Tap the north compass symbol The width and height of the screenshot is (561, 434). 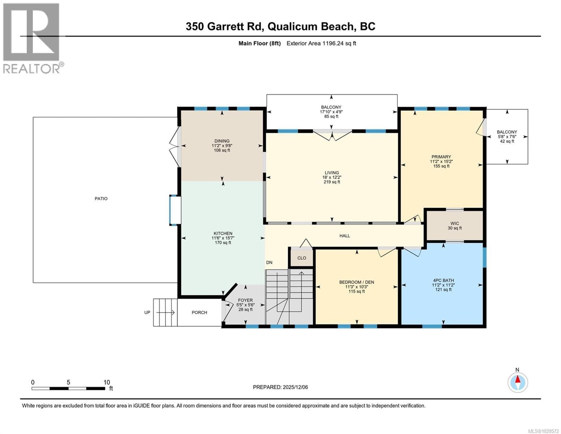pos(518,382)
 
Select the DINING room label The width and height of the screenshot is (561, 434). pos(222,141)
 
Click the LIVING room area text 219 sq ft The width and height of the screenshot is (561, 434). pos(332,182)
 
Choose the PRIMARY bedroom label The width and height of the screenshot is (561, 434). pos(441,157)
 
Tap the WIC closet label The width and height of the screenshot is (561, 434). pos(454,224)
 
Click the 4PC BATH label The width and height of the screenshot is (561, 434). pos(443,280)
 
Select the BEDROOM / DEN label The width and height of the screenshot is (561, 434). pos(357,282)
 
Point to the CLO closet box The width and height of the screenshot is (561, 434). pos(302,258)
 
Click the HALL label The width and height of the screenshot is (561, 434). pos(345,236)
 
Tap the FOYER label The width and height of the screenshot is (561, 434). pos(245,300)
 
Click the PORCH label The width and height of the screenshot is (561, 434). pos(199,312)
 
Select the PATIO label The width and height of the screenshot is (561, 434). pos(101,199)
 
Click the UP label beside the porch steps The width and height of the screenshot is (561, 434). pos(147,312)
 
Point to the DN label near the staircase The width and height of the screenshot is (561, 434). pos(269,263)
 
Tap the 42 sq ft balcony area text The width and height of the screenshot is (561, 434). pos(507,141)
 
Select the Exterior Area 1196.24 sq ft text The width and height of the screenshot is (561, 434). pos(321,43)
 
